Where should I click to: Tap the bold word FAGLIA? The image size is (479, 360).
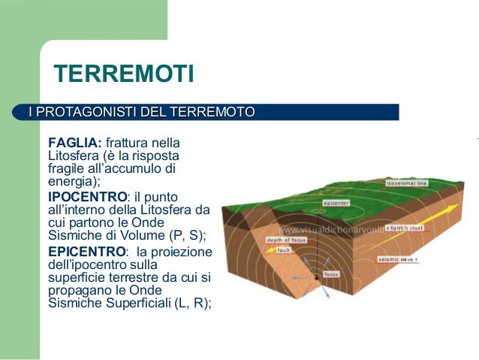74,143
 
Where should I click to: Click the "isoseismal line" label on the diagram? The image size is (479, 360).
405,183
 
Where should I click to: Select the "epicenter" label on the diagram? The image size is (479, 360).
335,203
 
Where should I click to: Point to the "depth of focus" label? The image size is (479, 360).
284,240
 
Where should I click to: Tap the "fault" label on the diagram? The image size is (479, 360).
283,250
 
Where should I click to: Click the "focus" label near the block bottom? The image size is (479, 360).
330,274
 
